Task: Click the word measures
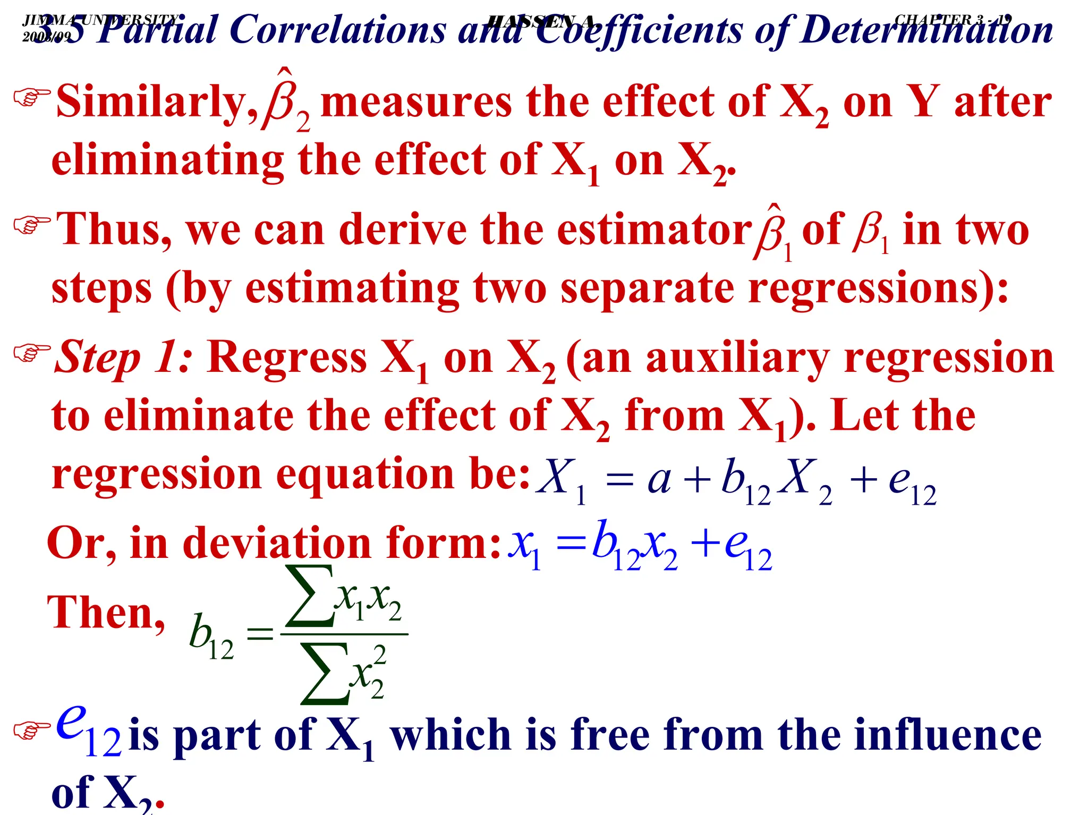(x=416, y=102)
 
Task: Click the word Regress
(x=287, y=357)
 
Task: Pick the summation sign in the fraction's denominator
(x=324, y=673)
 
